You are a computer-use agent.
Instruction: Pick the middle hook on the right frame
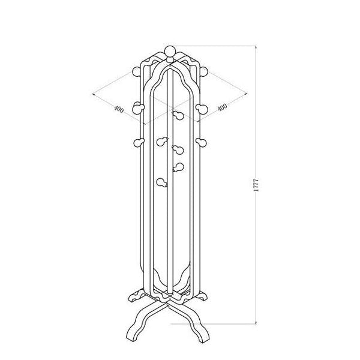(200, 109)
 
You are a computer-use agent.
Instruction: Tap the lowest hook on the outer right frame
(200, 142)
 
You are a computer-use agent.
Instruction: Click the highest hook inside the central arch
(176, 115)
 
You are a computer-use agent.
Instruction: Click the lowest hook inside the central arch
(161, 181)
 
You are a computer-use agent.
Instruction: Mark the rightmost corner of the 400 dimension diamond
(248, 92)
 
